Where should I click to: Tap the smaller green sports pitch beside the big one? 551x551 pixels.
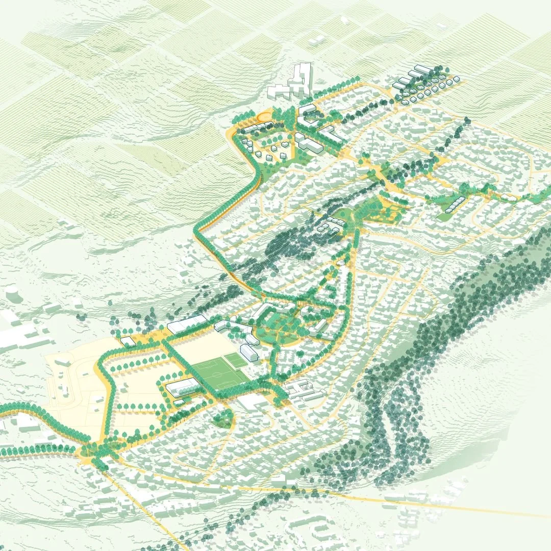[237, 361]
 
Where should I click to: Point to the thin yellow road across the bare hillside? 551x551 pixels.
[449, 502]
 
